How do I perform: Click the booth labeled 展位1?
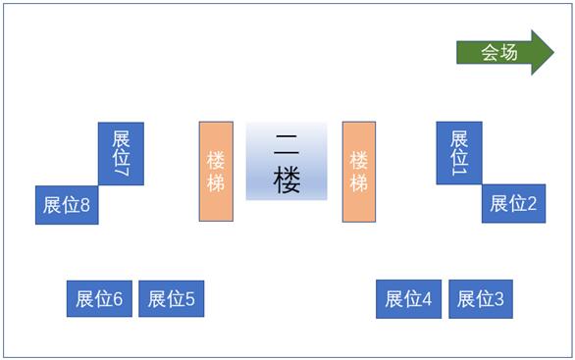tap(458, 152)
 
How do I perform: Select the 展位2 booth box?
tap(513, 204)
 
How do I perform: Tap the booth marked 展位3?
tap(481, 299)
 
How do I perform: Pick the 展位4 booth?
tap(408, 299)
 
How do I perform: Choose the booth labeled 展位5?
tap(172, 299)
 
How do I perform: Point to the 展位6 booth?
tap(99, 299)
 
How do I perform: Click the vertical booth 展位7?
tap(121, 153)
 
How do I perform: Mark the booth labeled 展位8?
tap(67, 205)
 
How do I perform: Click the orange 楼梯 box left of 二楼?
tap(216, 171)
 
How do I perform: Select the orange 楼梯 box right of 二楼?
tap(358, 171)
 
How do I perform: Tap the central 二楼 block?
tap(287, 161)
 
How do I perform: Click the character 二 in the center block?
tap(287, 143)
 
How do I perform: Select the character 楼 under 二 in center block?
tap(287, 180)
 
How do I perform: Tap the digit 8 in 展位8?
tap(85, 206)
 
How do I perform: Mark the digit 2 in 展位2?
tap(532, 204)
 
